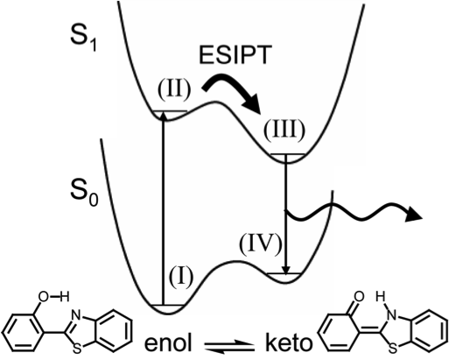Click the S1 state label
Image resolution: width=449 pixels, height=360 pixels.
pyautogui.click(x=83, y=39)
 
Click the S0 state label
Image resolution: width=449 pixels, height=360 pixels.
pyautogui.click(x=84, y=194)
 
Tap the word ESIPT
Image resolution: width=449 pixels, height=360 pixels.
pyautogui.click(x=235, y=54)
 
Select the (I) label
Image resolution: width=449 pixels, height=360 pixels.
pyautogui.click(x=181, y=276)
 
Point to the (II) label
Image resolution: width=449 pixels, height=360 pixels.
pyautogui.click(x=174, y=89)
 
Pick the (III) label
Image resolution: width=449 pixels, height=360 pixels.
pyautogui.click(x=284, y=131)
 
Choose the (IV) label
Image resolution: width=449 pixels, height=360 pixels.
pyautogui.click(x=261, y=244)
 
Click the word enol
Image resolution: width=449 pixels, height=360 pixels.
pyautogui.click(x=168, y=342)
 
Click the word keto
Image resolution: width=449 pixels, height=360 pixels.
pyautogui.click(x=289, y=342)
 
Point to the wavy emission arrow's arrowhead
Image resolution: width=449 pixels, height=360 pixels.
pyautogui.click(x=415, y=214)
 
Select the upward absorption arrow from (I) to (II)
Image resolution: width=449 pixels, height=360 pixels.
pyautogui.click(x=164, y=208)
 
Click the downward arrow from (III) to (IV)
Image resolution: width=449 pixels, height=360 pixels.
pyautogui.click(x=286, y=215)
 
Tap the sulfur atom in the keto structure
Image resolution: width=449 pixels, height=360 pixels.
pyautogui.click(x=393, y=348)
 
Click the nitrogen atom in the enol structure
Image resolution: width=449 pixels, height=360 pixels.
pyautogui.click(x=76, y=314)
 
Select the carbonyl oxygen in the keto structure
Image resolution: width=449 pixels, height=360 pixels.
pyautogui.click(x=358, y=297)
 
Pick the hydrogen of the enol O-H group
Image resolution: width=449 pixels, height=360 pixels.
pyautogui.click(x=65, y=297)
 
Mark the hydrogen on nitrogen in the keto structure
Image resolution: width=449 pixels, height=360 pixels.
pyautogui.click(x=381, y=297)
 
